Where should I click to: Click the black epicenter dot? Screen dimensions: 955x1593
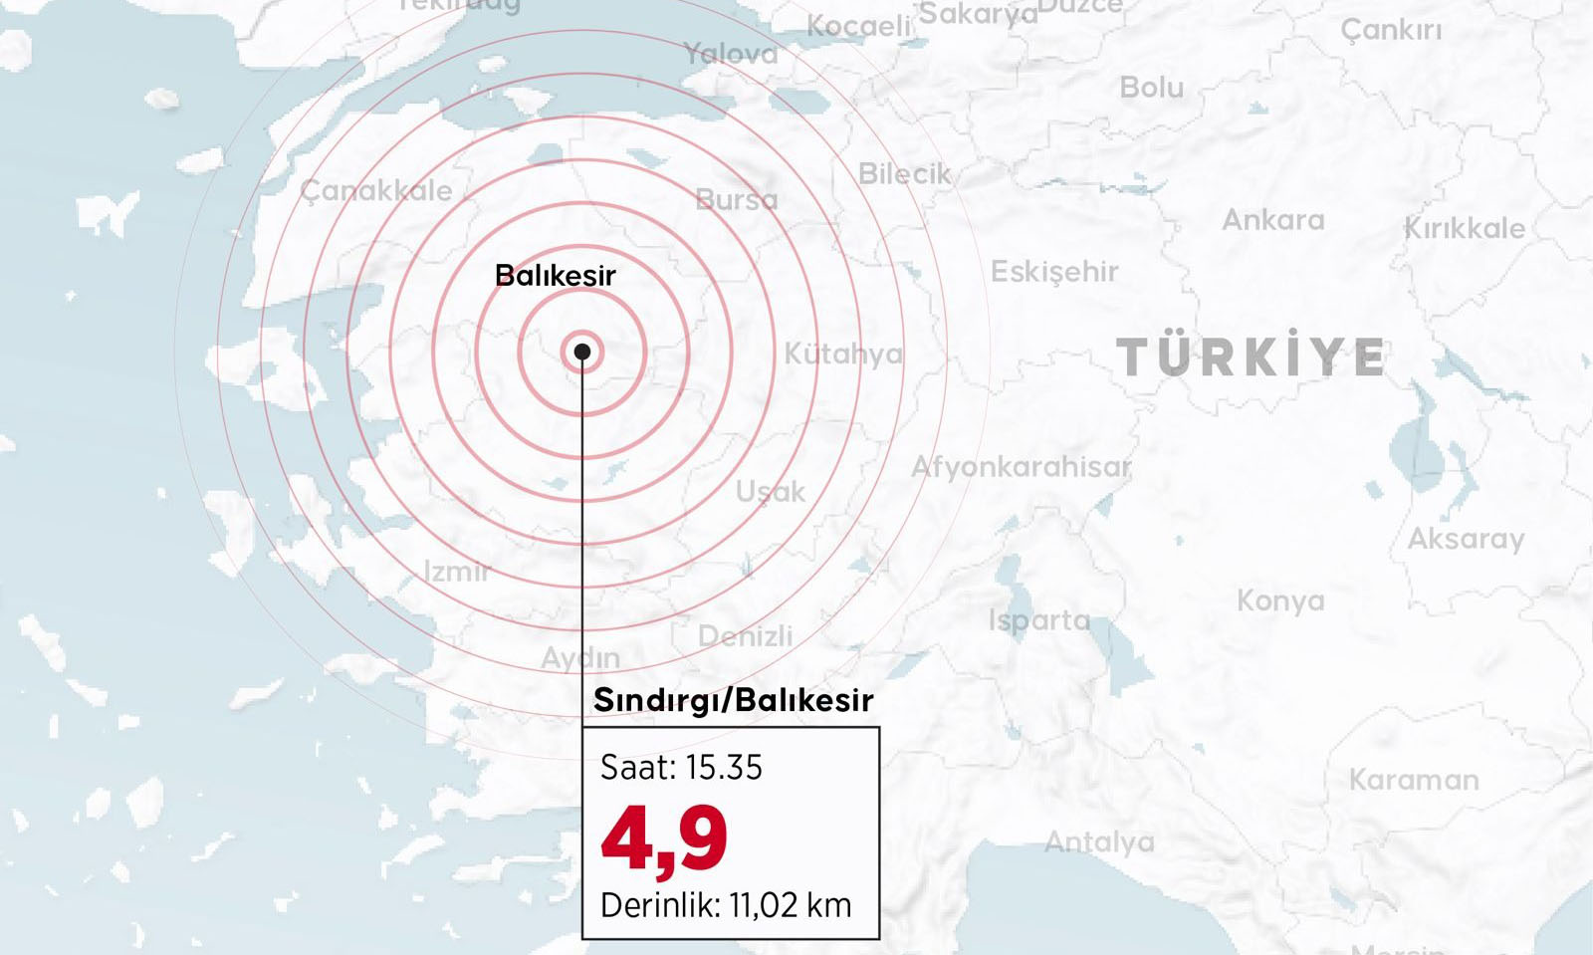click(x=582, y=352)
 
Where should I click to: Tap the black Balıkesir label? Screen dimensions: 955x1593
click(x=555, y=275)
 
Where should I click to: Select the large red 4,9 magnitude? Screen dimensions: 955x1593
click(x=664, y=839)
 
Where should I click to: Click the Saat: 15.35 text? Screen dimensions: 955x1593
click(x=681, y=767)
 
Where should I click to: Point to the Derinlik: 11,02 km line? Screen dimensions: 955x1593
click(x=726, y=905)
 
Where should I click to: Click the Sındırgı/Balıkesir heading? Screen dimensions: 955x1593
click(x=733, y=700)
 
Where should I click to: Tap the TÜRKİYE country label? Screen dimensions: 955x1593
click(x=1251, y=358)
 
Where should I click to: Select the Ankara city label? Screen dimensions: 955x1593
click(x=1272, y=220)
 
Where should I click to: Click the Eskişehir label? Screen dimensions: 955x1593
click(x=1053, y=271)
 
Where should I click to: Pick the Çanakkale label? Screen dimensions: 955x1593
click(x=376, y=190)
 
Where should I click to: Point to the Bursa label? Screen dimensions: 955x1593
click(x=737, y=199)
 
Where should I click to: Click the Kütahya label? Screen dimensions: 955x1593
click(x=842, y=354)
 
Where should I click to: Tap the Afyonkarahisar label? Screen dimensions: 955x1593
click(x=1021, y=466)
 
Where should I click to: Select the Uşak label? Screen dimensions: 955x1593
click(x=770, y=491)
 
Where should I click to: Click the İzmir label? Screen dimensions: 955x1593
click(x=457, y=572)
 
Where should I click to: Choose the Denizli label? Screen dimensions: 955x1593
click(x=745, y=635)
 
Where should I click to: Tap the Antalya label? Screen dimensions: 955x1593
click(x=1099, y=842)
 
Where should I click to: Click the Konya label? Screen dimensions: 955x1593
click(x=1280, y=600)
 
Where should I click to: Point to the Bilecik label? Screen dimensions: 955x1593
click(x=904, y=174)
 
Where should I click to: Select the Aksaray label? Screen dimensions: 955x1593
click(x=1466, y=539)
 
